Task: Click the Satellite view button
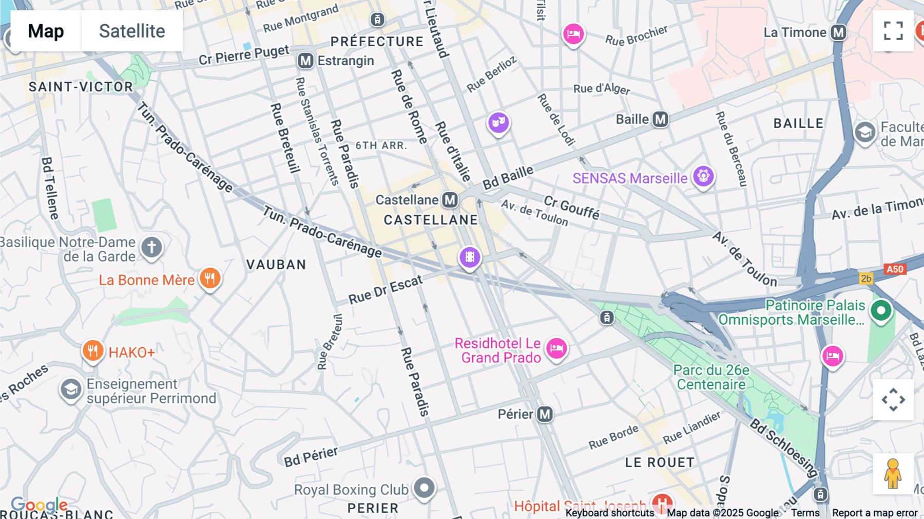[132, 31]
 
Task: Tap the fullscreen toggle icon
[893, 31]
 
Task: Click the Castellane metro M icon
[450, 200]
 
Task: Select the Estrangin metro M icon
[305, 61]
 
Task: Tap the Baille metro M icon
[660, 120]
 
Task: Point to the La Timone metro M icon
[839, 32]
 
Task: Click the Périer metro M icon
[545, 414]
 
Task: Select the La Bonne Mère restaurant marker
[210, 278]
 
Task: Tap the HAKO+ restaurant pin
[93, 351]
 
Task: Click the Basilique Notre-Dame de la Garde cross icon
[151, 247]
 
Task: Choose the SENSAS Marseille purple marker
[703, 176]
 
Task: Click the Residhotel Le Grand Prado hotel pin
[556, 349]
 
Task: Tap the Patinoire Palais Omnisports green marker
[881, 310]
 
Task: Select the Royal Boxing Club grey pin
[425, 488]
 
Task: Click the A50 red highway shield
[895, 269]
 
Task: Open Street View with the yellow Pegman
[893, 473]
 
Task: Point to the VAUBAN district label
[276, 265]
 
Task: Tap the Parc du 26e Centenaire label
[711, 377]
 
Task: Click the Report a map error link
[875, 513]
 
